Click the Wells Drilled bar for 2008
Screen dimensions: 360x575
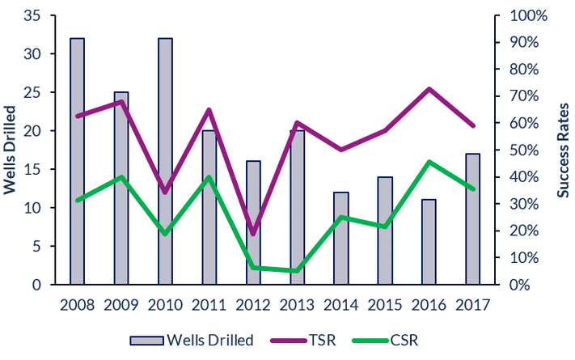pos(78,162)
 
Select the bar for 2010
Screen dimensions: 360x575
pos(165,162)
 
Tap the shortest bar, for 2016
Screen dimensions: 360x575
pos(429,242)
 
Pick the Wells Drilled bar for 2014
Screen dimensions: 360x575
pos(341,238)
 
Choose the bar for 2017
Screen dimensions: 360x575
pos(473,219)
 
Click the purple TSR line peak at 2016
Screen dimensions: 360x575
pos(429,88)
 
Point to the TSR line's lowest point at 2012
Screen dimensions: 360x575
pos(253,235)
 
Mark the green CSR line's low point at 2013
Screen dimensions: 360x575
pos(297,271)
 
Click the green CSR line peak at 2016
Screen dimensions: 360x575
pos(429,162)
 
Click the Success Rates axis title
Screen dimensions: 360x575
pos(564,150)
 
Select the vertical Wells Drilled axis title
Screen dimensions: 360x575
pos(11,150)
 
